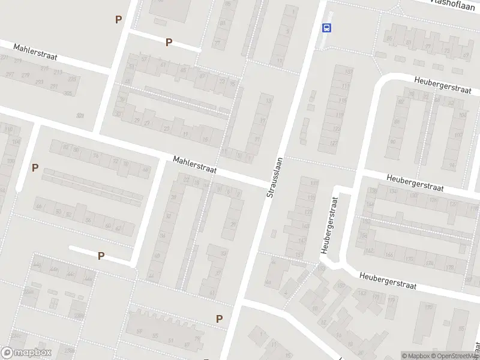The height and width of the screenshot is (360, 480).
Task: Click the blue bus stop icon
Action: click(327, 28)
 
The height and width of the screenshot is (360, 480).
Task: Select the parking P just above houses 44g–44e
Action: click(101, 256)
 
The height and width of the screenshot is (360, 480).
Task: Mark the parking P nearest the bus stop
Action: click(169, 42)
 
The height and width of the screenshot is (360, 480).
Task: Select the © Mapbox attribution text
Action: click(416, 356)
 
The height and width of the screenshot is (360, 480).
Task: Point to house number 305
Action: click(68, 93)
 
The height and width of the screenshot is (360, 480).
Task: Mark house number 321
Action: click(80, 115)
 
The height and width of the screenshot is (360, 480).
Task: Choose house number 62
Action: click(117, 229)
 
